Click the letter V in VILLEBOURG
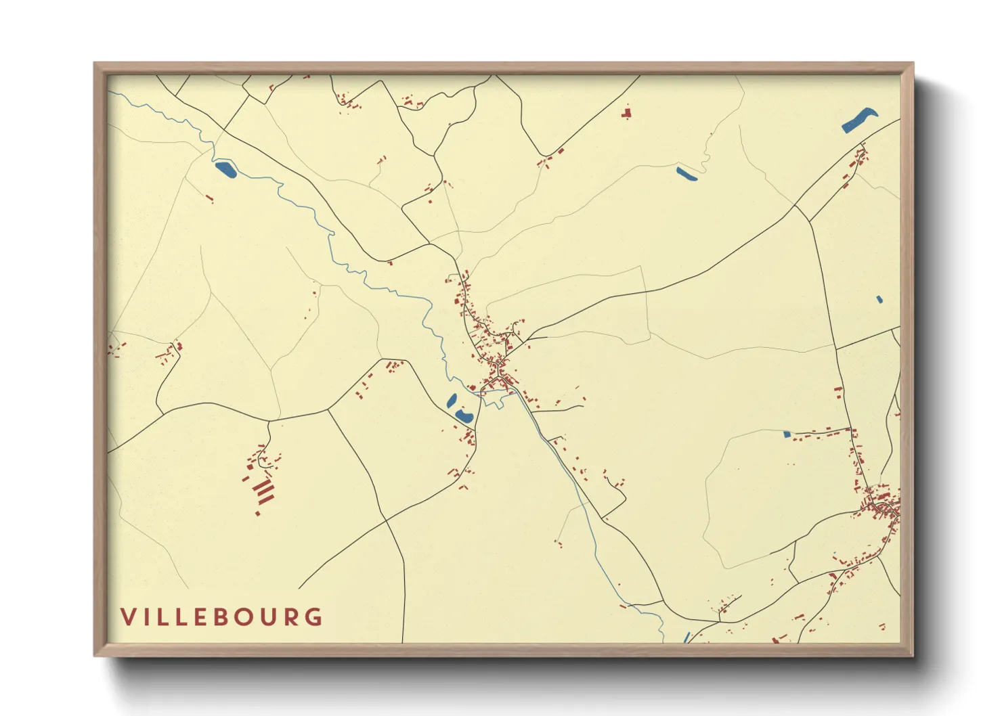coord(128,617)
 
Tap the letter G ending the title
coord(313,617)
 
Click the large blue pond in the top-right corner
coord(859,120)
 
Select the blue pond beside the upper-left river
coord(225,169)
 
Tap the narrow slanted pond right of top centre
coord(687,174)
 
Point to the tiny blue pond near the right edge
coord(879,299)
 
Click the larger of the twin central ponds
coord(464,416)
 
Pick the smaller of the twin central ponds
coord(452,401)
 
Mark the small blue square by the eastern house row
coord(787,434)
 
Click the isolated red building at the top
coord(626,113)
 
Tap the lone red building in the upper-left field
coord(210,199)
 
